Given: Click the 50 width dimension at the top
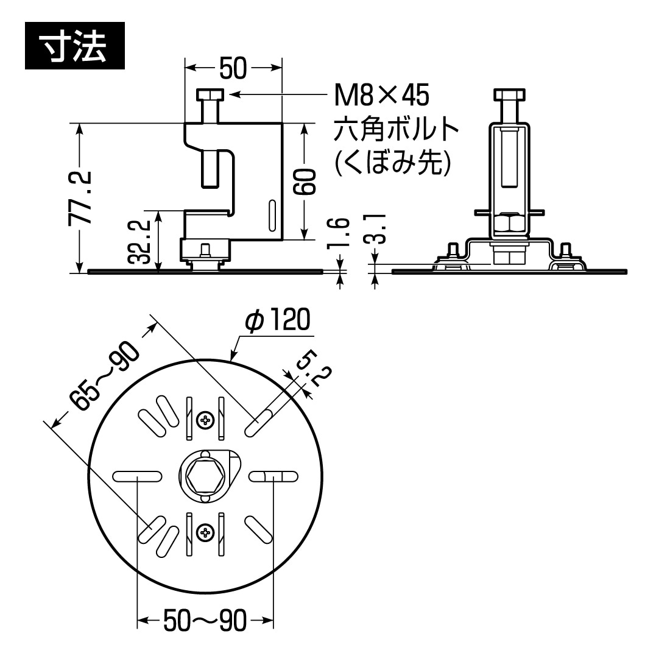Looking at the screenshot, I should [x=233, y=68].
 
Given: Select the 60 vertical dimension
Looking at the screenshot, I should [x=305, y=182].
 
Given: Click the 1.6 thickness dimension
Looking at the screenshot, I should [x=342, y=234].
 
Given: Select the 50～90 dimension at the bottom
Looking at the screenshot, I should [x=205, y=621].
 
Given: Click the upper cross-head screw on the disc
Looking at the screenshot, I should [x=205, y=419].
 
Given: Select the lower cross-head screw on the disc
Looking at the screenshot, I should [x=205, y=533].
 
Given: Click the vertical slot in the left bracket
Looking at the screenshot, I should [x=272, y=216].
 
